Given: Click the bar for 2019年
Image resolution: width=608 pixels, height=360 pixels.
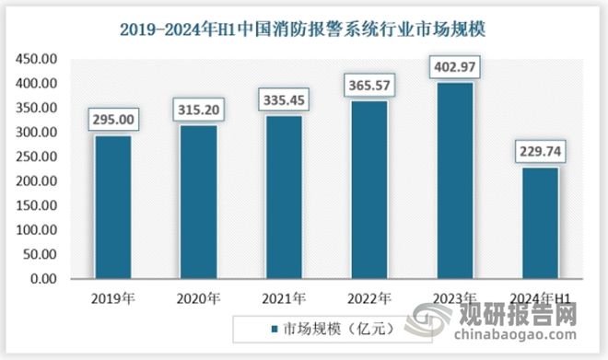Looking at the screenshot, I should coord(111,207).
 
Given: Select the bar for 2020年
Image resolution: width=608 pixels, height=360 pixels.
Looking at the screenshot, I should coord(197,203).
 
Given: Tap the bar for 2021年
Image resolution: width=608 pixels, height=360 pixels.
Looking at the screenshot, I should coord(283,197).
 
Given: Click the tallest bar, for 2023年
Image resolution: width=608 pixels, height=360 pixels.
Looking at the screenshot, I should coord(454,180).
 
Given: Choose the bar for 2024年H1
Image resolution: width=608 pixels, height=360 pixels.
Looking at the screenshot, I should coord(540,223).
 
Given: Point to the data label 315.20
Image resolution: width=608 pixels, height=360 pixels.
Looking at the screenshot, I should coord(197,110).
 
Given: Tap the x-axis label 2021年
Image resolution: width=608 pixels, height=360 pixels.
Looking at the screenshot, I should coord(283,297).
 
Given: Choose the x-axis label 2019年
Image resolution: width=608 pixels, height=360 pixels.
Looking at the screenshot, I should coord(111,297).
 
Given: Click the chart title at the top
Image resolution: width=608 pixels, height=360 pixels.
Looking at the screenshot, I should coord(303,29).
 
